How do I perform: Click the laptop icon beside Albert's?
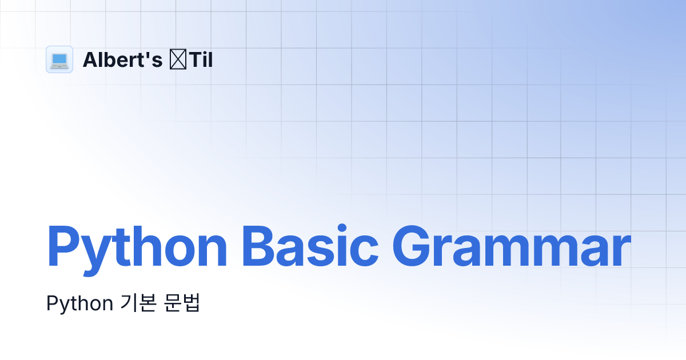[59, 59]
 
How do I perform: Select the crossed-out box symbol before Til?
[176, 59]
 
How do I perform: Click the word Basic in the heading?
[309, 247]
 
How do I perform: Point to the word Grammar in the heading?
[511, 247]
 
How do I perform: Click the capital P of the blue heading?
[62, 247]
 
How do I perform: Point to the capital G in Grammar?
[413, 247]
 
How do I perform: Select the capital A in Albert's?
[90, 59]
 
